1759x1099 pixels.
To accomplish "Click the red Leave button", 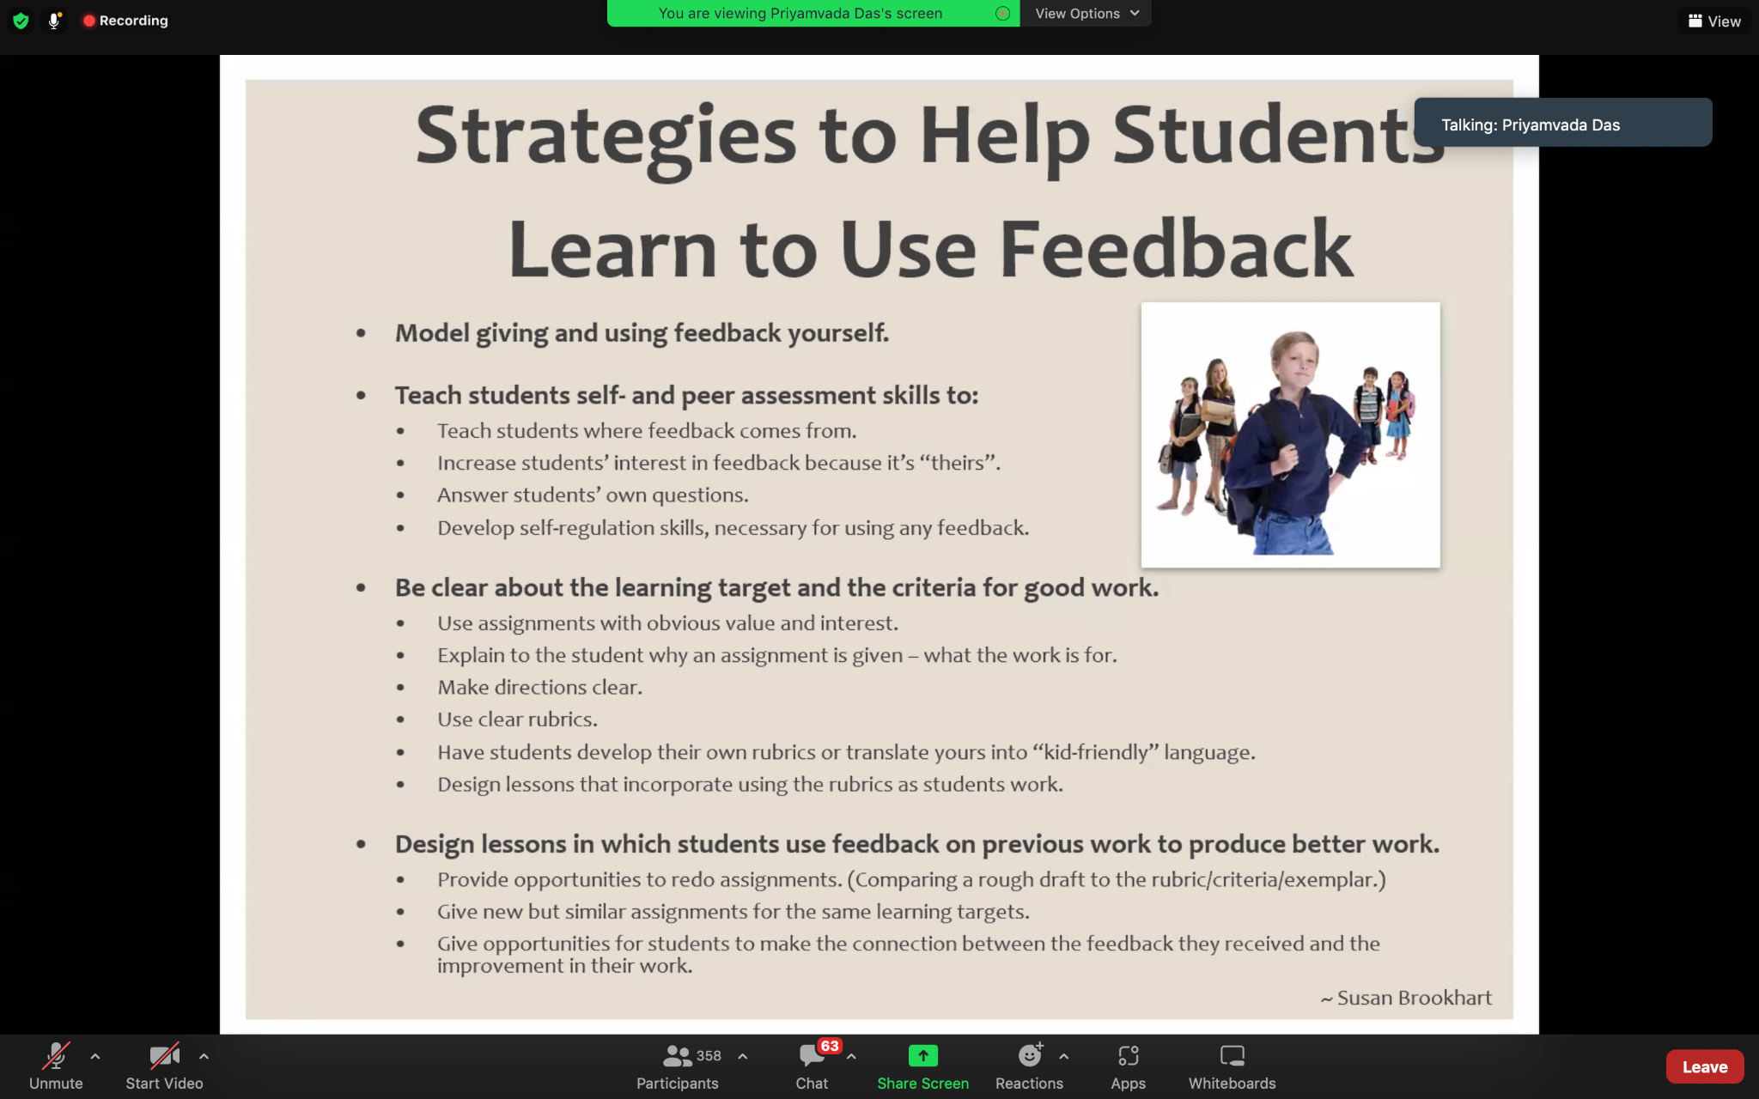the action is (x=1704, y=1066).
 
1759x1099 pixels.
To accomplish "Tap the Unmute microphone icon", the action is (x=57, y=1055).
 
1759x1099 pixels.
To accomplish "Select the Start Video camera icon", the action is (x=164, y=1055).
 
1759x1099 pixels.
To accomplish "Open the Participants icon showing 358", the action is (x=678, y=1055).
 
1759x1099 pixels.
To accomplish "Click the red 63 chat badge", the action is (x=830, y=1046).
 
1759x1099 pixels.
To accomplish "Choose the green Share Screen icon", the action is (x=923, y=1055).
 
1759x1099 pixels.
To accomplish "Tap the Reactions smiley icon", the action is (x=1030, y=1054).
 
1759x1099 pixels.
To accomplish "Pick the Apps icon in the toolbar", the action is (x=1129, y=1055).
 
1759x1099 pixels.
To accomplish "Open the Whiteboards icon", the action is (x=1233, y=1055).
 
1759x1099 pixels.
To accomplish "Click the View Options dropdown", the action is (x=1086, y=14).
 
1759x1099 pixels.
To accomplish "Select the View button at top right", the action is (x=1714, y=21).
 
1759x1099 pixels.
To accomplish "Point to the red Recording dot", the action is (x=88, y=21).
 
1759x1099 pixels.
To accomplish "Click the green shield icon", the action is (x=21, y=21).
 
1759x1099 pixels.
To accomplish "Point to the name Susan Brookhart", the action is (x=1415, y=998).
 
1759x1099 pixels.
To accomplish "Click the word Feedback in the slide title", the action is (x=1177, y=249).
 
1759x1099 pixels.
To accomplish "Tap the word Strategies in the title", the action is (x=606, y=137).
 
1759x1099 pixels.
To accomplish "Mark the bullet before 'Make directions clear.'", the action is (x=400, y=688).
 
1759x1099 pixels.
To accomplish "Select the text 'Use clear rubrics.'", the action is (x=517, y=720).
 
